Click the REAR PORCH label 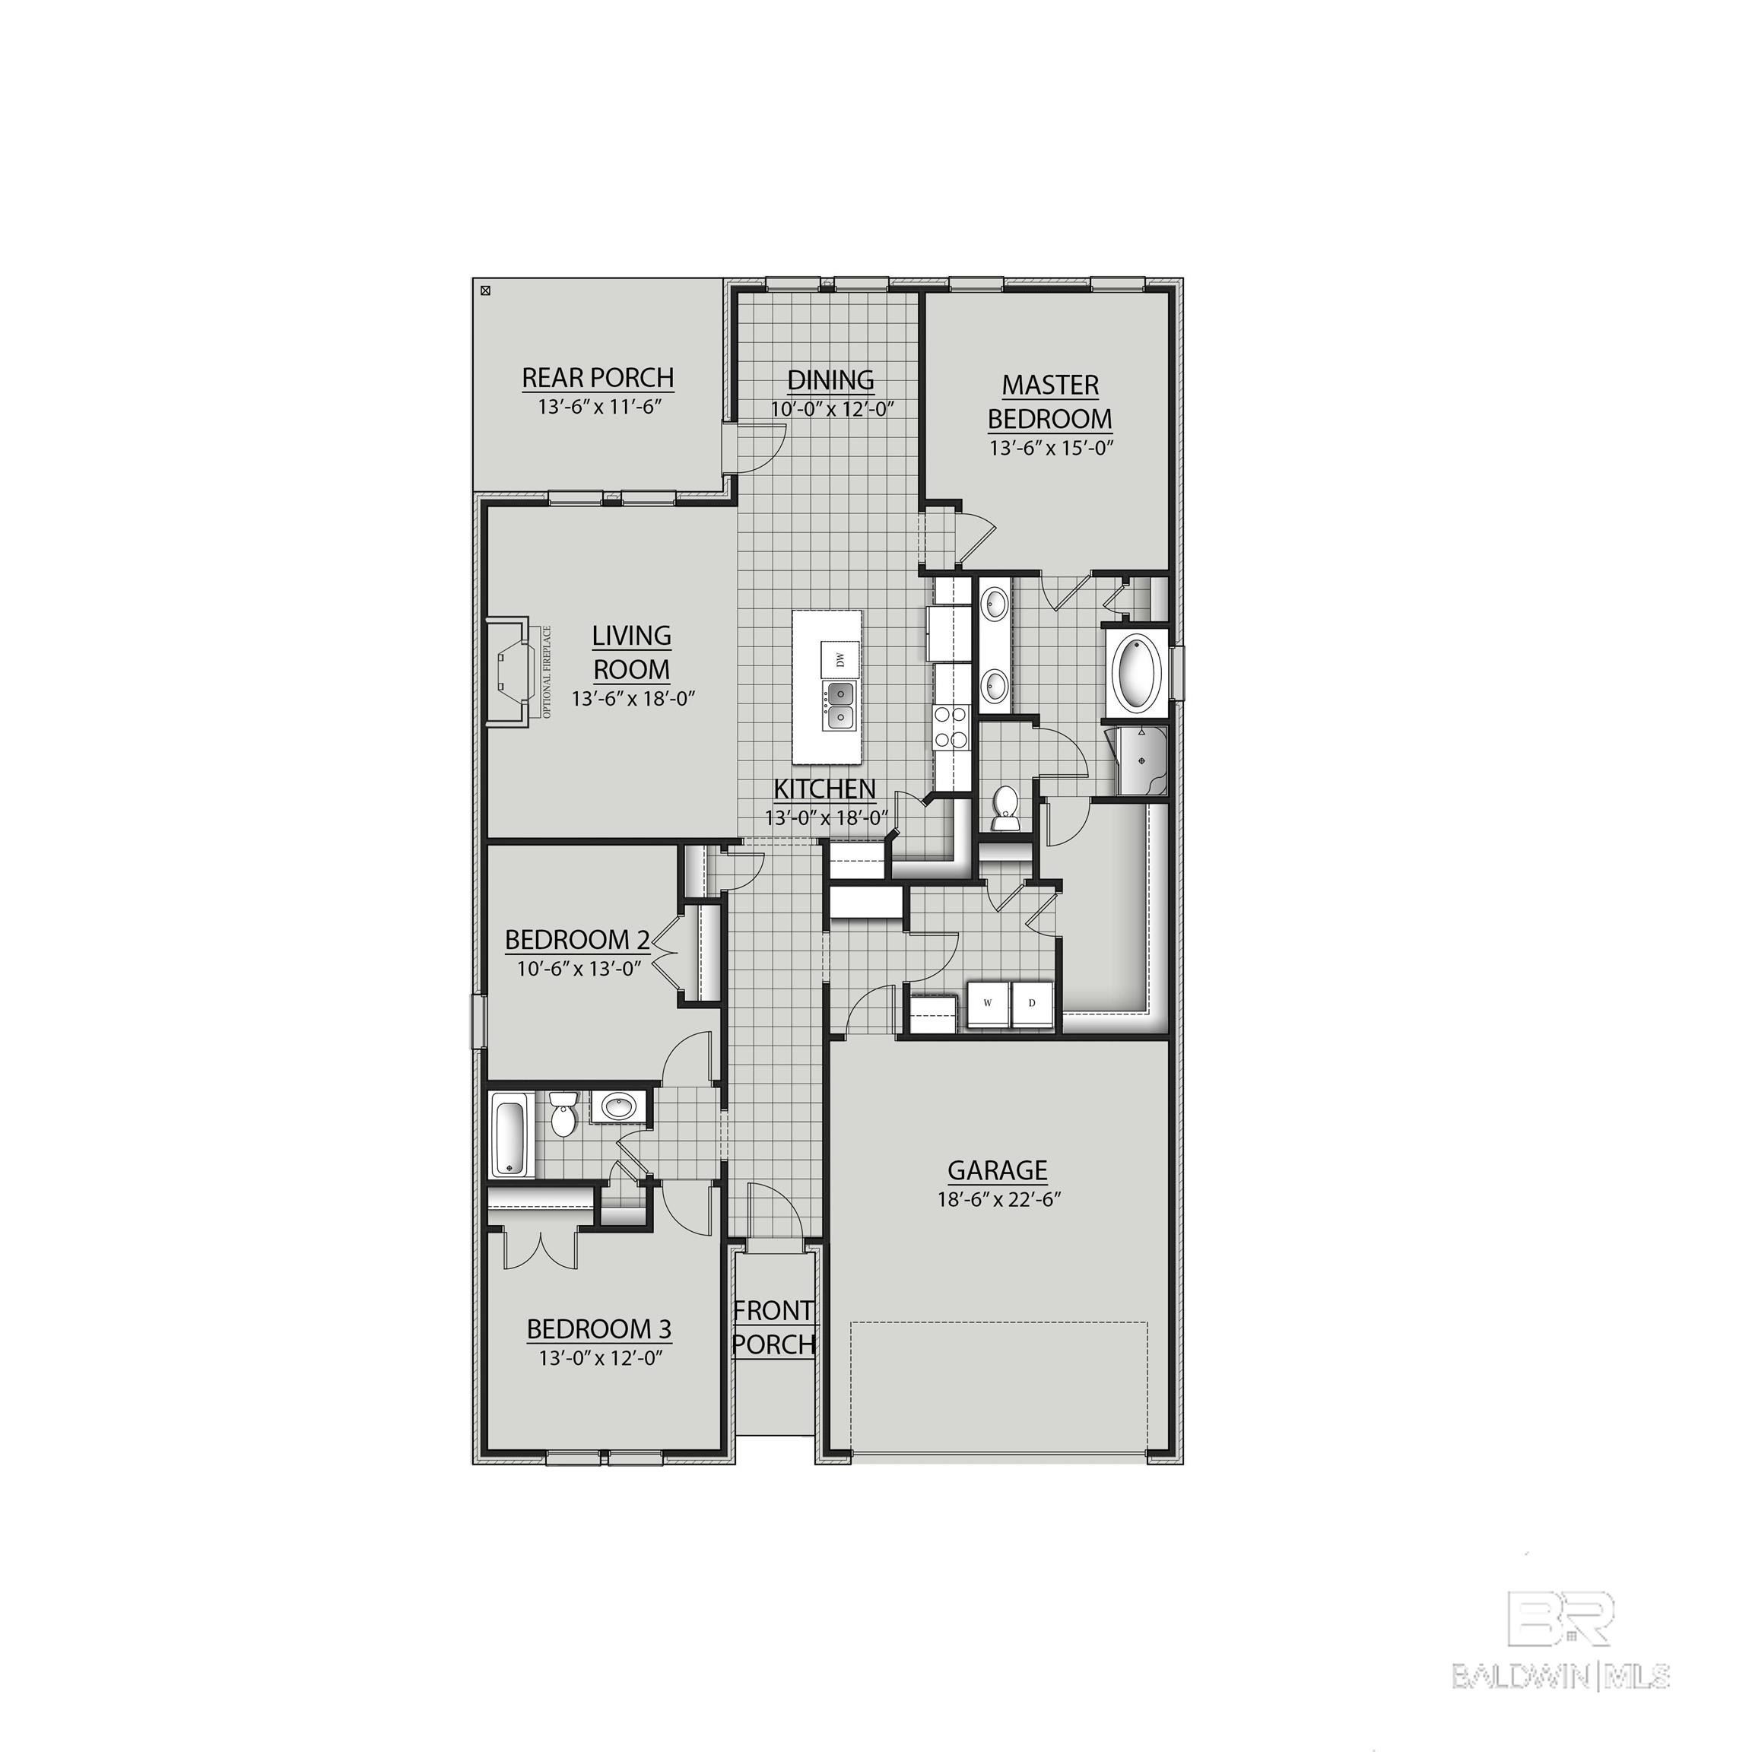pos(598,377)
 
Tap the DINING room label pos(830,380)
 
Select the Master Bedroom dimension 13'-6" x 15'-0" pos(1050,448)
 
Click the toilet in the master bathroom pos(1005,808)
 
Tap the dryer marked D pos(1031,1003)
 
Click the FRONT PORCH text pos(773,1327)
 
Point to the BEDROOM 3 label pos(598,1329)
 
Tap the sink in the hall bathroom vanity pos(620,1106)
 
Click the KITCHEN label pos(824,789)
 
